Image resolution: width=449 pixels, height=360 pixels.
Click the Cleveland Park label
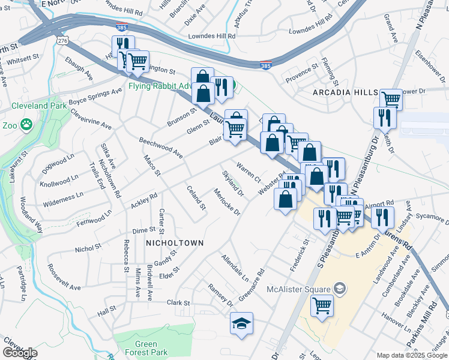coord(37,106)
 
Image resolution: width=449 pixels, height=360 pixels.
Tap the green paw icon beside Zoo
coord(26,124)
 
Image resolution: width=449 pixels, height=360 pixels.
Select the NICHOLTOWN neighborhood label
coord(174,243)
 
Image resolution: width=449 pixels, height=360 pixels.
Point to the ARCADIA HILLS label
coord(345,92)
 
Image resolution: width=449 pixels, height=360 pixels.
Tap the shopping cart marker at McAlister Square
coord(322,306)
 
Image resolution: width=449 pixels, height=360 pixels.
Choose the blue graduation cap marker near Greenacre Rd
coord(241,323)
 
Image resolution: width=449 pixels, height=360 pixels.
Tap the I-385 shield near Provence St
coord(264,64)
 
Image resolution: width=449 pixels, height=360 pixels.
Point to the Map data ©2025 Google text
coord(412,355)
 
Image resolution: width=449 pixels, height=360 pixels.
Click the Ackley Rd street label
coord(143,201)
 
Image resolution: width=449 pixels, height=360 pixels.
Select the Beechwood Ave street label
coord(160,147)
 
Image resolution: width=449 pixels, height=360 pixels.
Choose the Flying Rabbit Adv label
coord(157,85)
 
